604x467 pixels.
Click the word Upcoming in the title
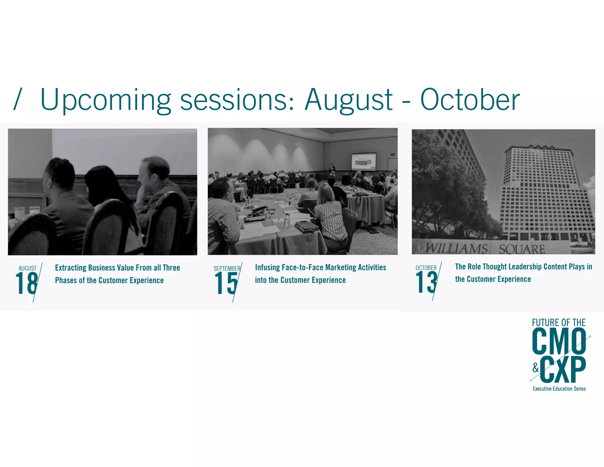(x=105, y=100)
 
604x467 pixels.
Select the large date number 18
(x=27, y=283)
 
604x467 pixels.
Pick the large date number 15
(x=226, y=283)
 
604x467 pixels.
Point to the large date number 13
(x=426, y=283)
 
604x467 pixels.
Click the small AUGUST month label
(x=27, y=268)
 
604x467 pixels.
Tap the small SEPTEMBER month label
(x=227, y=268)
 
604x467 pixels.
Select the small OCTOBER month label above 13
(x=426, y=268)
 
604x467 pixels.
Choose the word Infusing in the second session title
(x=267, y=267)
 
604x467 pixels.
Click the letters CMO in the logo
(x=559, y=342)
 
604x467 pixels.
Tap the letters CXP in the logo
(x=563, y=369)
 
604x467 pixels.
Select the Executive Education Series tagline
(x=559, y=389)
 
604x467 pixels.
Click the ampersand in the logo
(x=536, y=368)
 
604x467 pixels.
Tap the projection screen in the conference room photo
(x=364, y=161)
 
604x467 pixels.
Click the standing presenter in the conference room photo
(x=332, y=170)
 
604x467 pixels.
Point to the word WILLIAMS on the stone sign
(x=457, y=249)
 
